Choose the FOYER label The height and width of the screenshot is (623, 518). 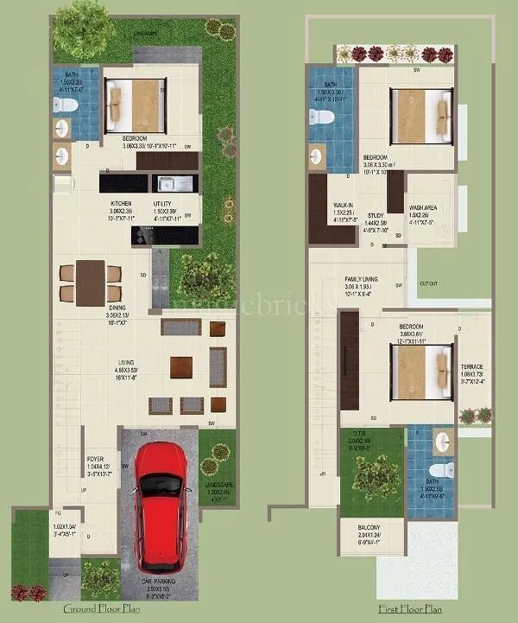tap(96, 459)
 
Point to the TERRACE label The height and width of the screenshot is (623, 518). tap(471, 366)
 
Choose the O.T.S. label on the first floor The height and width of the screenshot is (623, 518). tap(361, 435)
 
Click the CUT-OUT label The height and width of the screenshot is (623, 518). tap(429, 283)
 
